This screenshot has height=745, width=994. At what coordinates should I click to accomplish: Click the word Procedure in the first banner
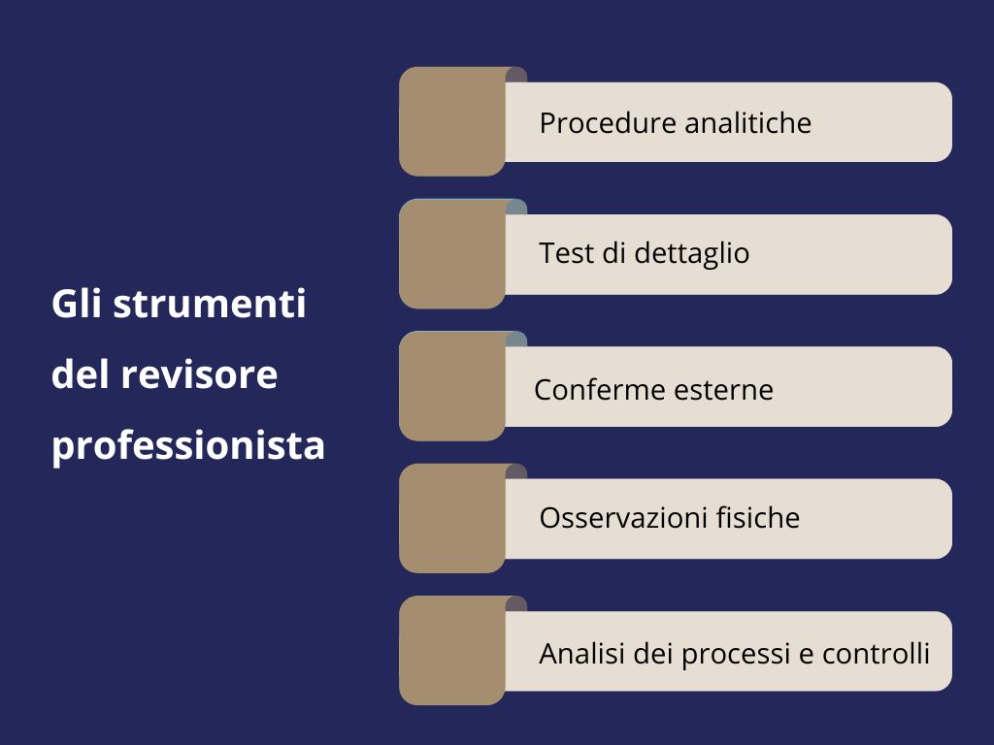coord(608,122)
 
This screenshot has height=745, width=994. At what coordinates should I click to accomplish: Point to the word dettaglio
coord(691,253)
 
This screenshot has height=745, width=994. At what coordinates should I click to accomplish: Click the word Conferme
coord(598,390)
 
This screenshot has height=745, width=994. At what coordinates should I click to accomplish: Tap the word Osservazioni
coord(623,518)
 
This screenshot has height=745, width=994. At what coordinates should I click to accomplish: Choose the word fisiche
coord(757,518)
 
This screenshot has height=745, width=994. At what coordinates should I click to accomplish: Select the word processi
coord(736,655)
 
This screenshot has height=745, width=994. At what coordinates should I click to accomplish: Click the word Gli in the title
coord(77,304)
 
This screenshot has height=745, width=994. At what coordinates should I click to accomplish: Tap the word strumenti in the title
coord(210,305)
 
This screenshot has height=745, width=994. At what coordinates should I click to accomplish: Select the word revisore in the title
coord(199,374)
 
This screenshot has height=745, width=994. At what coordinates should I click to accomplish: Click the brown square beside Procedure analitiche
coord(452,121)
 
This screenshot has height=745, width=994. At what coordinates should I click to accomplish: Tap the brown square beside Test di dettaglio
coord(452,254)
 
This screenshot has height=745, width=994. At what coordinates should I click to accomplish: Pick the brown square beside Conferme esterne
coord(452,386)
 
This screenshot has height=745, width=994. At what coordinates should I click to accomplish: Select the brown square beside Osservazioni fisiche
coord(452,518)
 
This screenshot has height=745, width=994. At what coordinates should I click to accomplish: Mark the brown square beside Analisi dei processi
coord(452,651)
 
